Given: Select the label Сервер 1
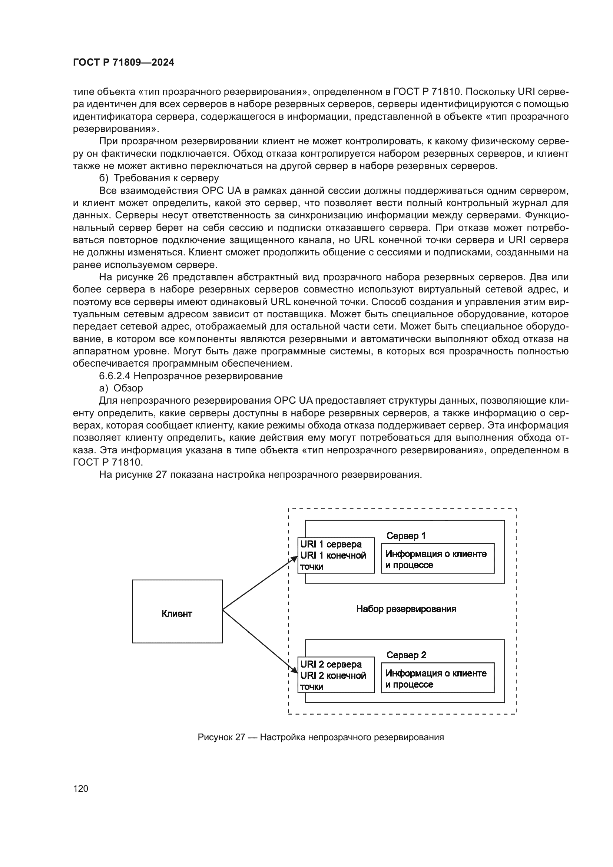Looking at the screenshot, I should (406, 536).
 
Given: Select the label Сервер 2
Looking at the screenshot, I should (406, 655).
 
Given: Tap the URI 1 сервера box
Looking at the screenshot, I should (335, 555).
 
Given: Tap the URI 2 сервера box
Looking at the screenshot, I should (335, 675).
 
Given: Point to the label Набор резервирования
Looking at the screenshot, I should (406, 609).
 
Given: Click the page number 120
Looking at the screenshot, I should (80, 788).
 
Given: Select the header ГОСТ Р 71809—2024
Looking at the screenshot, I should (123, 63).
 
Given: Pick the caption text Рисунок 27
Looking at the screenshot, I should (221, 737).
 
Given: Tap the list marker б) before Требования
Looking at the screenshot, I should (103, 178).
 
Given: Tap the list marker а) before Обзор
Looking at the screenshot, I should (103, 388).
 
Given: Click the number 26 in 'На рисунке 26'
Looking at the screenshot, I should (163, 277).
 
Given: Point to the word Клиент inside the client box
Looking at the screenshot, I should (177, 613).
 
